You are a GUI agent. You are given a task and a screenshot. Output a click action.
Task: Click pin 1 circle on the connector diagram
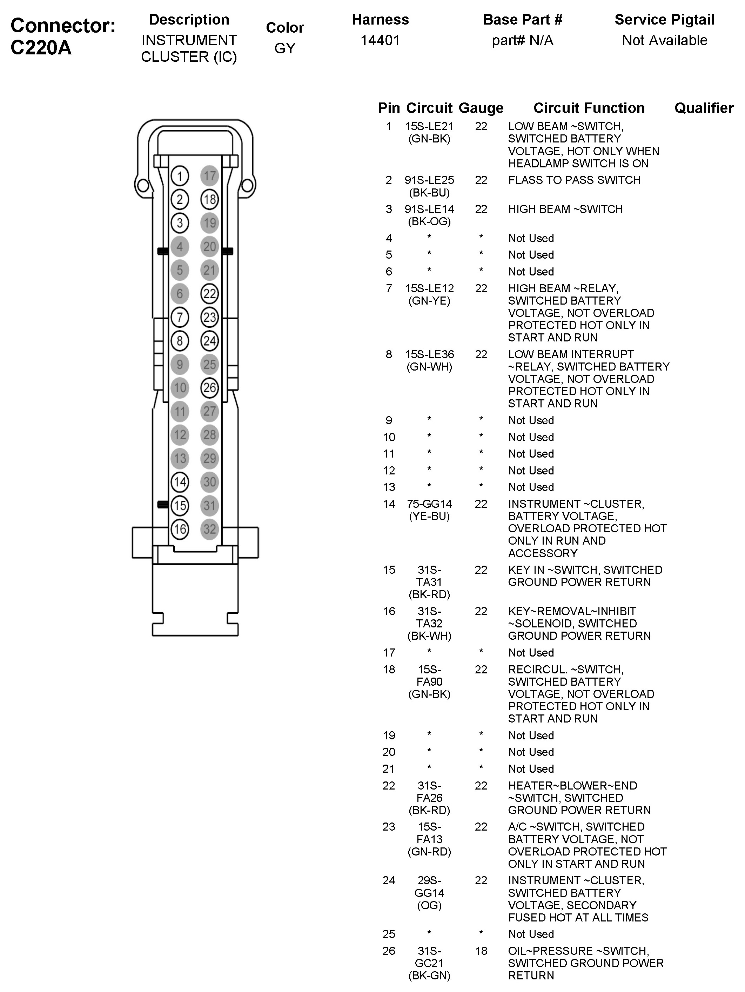(x=180, y=176)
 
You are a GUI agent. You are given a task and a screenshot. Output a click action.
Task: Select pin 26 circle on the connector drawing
(x=209, y=387)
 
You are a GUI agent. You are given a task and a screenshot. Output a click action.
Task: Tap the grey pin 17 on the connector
(x=209, y=176)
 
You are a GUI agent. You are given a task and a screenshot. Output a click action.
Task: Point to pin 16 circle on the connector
(x=180, y=529)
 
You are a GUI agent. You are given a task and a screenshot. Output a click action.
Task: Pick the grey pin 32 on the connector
(x=209, y=529)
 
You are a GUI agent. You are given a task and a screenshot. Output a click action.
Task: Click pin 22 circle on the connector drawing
(x=209, y=294)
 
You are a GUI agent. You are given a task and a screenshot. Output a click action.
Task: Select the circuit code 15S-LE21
(x=429, y=126)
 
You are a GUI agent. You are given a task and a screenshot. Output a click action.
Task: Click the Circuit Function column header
(x=589, y=108)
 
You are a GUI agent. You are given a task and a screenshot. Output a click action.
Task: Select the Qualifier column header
(x=704, y=108)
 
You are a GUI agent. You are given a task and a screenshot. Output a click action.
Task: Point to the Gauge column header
(x=481, y=108)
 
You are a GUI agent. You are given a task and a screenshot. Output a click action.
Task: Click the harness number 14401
(x=380, y=40)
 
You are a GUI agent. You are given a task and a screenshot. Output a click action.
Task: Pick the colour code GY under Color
(x=285, y=48)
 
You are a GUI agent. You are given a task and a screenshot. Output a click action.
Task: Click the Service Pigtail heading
(x=664, y=20)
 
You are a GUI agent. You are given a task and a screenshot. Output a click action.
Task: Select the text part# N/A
(x=522, y=40)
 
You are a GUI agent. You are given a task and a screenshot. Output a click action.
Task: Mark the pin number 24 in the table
(x=389, y=880)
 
